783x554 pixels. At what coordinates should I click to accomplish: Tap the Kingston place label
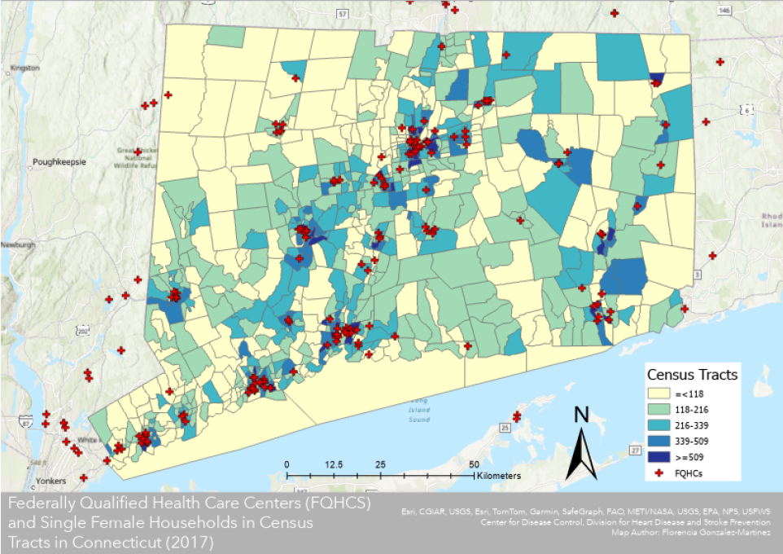(x=25, y=68)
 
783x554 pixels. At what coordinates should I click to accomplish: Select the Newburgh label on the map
(x=18, y=244)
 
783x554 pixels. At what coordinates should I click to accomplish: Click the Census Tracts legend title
(x=692, y=375)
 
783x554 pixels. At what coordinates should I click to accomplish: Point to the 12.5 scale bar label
(x=333, y=464)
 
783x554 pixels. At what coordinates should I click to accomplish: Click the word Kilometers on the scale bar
(x=499, y=475)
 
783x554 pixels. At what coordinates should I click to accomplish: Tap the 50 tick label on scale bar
(x=473, y=464)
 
